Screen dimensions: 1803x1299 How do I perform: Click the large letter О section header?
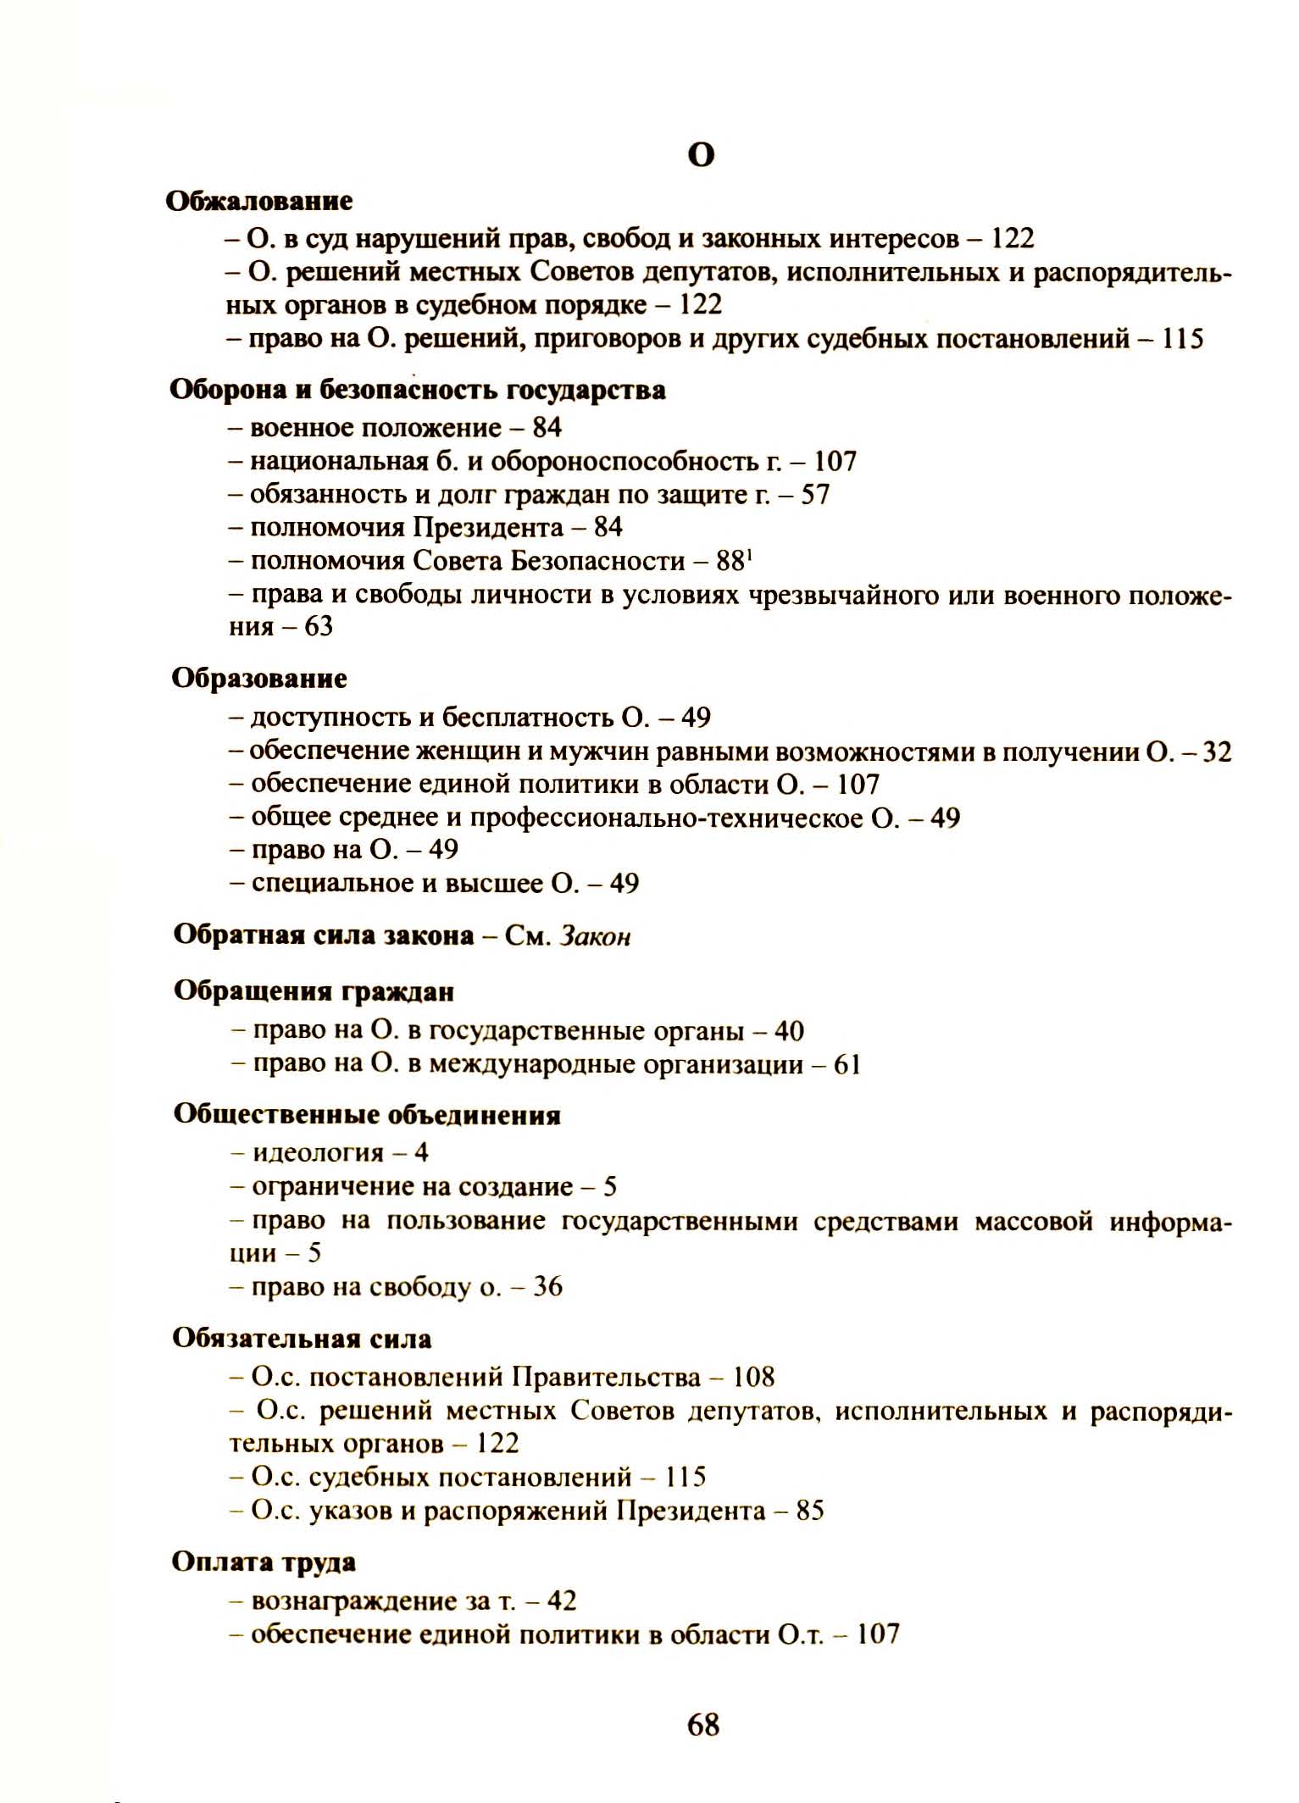(x=701, y=156)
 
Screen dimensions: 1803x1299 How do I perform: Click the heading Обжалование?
(x=259, y=202)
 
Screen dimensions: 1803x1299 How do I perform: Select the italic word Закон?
(x=595, y=936)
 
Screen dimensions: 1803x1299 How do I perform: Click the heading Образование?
(x=259, y=679)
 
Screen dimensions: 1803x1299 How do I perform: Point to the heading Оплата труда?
(x=264, y=1562)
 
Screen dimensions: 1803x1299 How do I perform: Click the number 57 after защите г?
(x=814, y=494)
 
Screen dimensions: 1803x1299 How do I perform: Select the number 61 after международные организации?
(x=847, y=1064)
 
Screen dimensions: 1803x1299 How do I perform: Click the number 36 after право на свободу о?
(x=548, y=1286)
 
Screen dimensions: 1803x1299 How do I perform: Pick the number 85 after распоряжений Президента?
(x=809, y=1510)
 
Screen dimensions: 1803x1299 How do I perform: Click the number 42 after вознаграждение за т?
(x=562, y=1601)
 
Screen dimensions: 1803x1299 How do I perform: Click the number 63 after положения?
(x=319, y=627)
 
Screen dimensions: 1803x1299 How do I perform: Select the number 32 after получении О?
(x=1217, y=752)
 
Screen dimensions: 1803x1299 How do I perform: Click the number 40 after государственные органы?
(x=789, y=1030)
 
